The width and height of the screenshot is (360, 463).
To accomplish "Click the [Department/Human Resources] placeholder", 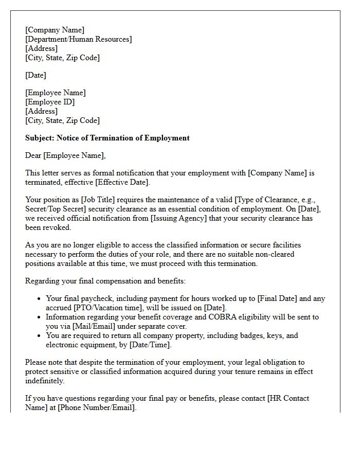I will pos(78,39).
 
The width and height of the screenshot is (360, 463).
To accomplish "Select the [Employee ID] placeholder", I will pos(50,102).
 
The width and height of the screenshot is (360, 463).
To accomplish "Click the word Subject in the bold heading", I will pos(40,138).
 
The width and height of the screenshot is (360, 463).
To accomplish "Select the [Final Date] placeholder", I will pos(282,298).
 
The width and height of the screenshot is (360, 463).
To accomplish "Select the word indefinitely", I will pos(45,381).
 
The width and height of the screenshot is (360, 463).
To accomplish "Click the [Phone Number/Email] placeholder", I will pos(97,407).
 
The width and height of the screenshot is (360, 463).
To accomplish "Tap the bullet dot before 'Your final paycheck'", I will pos(40,298).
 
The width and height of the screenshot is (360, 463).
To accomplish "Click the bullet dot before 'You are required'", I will pos(40,335).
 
